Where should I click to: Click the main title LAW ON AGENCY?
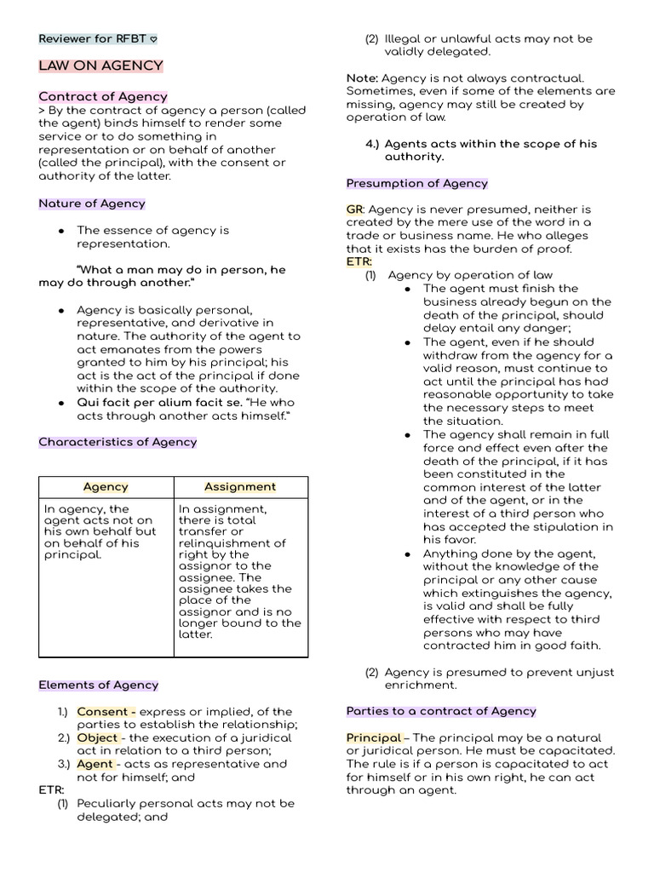[x=100, y=66]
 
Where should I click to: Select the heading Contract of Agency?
[x=103, y=96]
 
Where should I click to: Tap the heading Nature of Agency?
[x=92, y=204]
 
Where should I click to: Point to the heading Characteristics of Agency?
[x=118, y=442]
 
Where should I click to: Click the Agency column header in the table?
[x=106, y=487]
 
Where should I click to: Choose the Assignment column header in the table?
[x=240, y=487]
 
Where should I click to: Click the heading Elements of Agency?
[x=99, y=685]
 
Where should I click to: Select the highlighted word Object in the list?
[x=98, y=737]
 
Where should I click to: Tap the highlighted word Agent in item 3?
[x=95, y=764]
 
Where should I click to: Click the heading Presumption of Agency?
[x=416, y=183]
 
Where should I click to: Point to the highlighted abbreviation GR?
[x=354, y=209]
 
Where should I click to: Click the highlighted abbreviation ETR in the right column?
[x=359, y=261]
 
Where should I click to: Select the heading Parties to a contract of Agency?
[x=441, y=711]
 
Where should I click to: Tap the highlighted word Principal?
[x=374, y=737]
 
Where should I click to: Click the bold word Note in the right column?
[x=361, y=78]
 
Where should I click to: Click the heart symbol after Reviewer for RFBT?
[x=152, y=39]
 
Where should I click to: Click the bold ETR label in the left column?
[x=51, y=790]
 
